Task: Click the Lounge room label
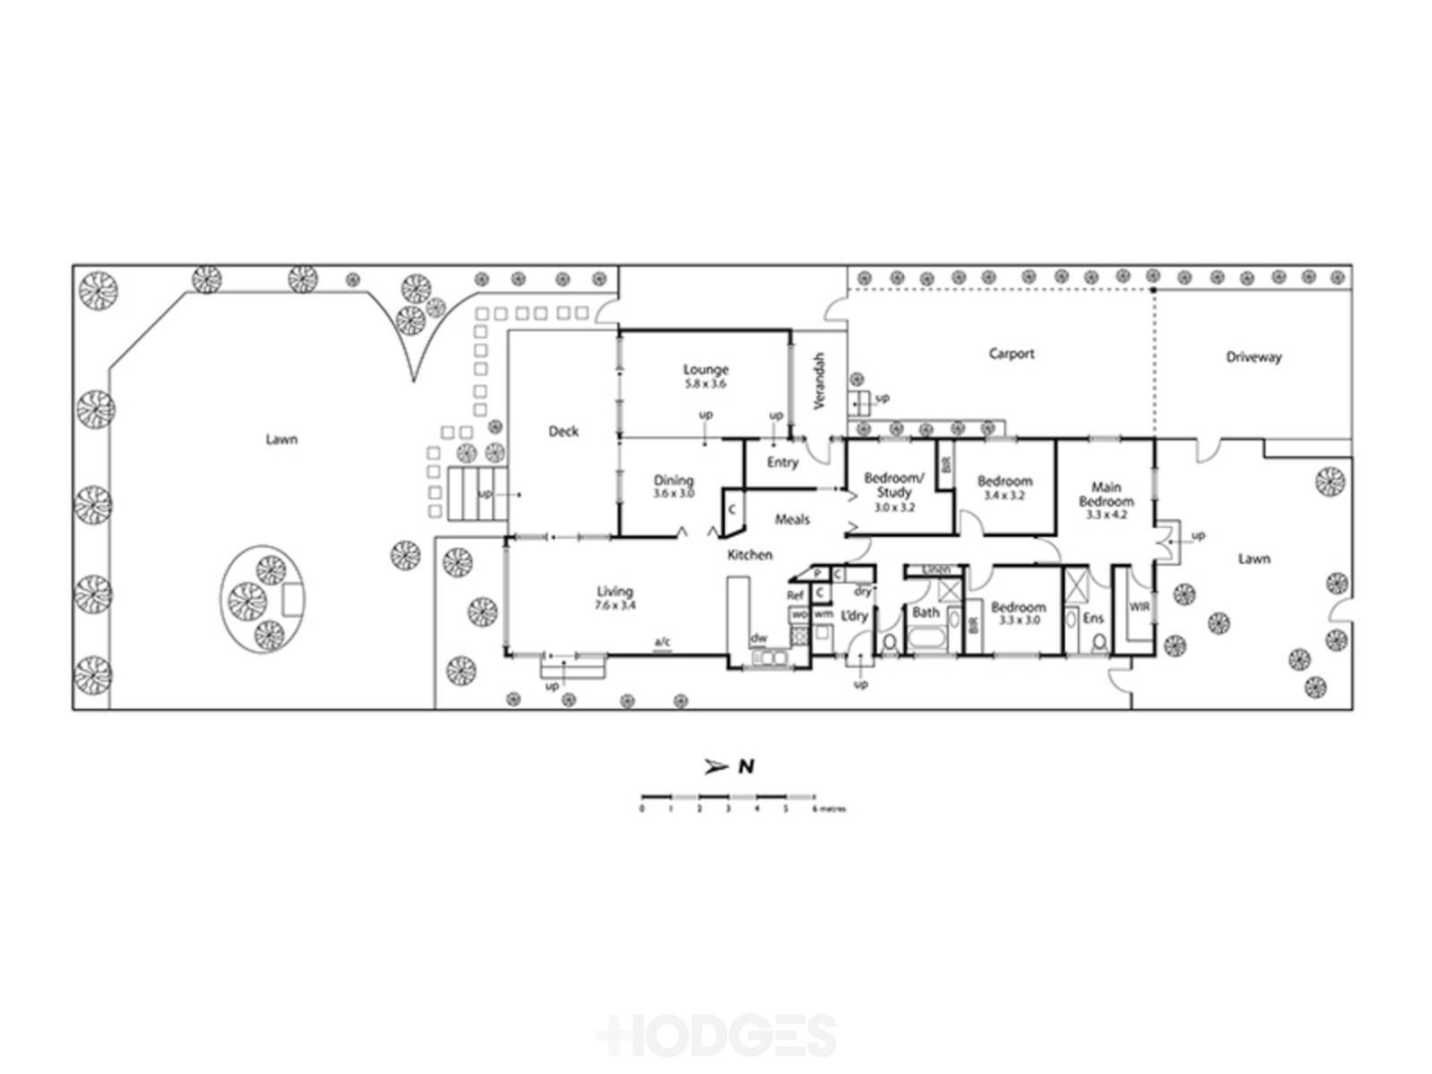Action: (x=705, y=370)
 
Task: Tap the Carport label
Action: (x=1011, y=353)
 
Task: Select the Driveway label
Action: (x=1253, y=357)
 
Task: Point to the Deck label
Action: (x=563, y=431)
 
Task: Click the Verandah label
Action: (x=819, y=381)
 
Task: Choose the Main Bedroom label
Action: (x=1106, y=494)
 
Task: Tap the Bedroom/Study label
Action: (x=893, y=485)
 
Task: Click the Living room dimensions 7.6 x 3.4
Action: (x=615, y=605)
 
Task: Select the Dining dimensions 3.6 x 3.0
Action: (x=673, y=493)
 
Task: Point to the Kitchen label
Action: (x=749, y=555)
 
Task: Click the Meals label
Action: (x=792, y=519)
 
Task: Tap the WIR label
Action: (x=1139, y=606)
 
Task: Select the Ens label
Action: (x=1093, y=618)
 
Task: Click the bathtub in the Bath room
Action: (x=926, y=637)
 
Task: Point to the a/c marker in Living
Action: (x=662, y=642)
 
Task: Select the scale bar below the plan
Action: (x=728, y=798)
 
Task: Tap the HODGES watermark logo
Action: (x=716, y=1034)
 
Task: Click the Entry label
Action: (x=782, y=462)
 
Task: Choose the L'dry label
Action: (x=853, y=617)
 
